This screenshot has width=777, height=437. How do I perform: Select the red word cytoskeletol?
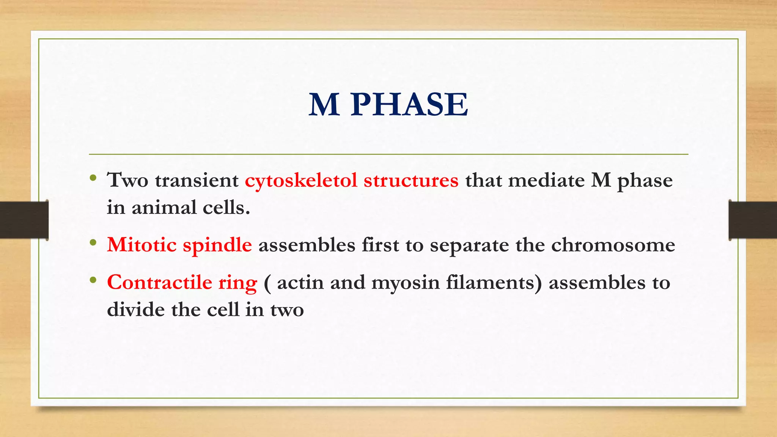[x=301, y=181]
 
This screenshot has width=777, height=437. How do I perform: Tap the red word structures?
[x=411, y=181]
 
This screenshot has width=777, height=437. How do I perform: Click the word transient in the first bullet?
[x=197, y=181]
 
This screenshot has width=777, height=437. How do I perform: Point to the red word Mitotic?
[x=142, y=245]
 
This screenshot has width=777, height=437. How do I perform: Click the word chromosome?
[x=613, y=245]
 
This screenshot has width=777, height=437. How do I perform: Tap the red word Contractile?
[x=159, y=283]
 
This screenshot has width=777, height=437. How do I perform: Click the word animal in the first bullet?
[x=164, y=208]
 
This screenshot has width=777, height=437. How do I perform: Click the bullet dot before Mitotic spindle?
[x=93, y=243]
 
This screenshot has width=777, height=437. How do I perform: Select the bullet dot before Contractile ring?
[x=93, y=280]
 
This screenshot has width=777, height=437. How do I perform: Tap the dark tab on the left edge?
[x=24, y=220]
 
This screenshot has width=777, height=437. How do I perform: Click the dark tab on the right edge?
[x=753, y=220]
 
